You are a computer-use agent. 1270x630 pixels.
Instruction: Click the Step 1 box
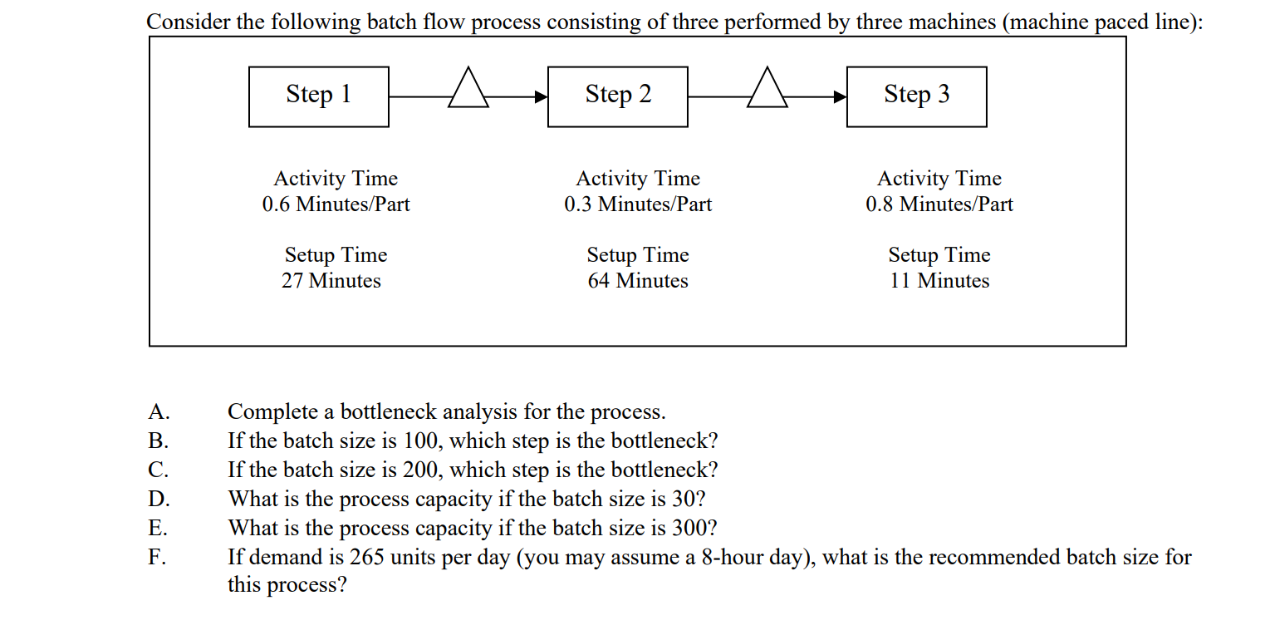pos(318,96)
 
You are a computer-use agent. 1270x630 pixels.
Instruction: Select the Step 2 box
pos(617,96)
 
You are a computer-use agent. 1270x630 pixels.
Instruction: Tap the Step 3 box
pos(916,96)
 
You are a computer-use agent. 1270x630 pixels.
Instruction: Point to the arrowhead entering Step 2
pos(541,97)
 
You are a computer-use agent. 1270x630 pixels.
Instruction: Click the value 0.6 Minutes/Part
pos(336,204)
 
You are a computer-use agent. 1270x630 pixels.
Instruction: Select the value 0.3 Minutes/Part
pos(638,204)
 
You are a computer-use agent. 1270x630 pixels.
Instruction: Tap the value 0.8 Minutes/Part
pos(939,204)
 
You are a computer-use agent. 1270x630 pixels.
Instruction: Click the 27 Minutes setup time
pos(331,281)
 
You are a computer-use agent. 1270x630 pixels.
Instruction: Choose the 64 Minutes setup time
pos(638,281)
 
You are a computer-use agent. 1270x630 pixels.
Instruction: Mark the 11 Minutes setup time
pos(939,281)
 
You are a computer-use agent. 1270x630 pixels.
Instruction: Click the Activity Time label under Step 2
pos(638,179)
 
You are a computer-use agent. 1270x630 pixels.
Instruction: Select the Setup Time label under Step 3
pos(939,255)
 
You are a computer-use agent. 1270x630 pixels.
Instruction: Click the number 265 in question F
pos(366,558)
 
